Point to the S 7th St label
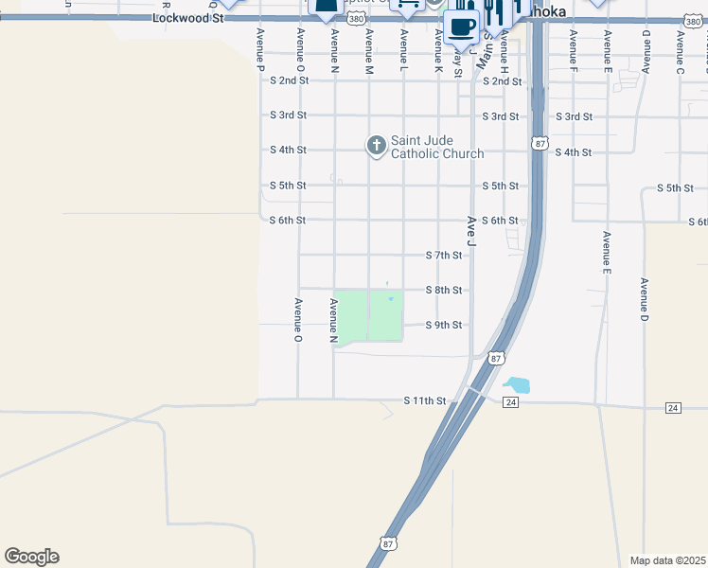coord(444,256)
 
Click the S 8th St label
coord(444,291)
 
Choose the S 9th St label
coord(444,326)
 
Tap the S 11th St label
coord(424,401)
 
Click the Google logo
coord(31,557)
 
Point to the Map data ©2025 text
coord(668,560)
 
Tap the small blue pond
coord(517,385)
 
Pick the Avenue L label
coord(403,49)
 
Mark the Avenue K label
coord(438,49)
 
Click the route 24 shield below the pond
coord(511,402)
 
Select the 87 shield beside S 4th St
coord(539,143)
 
